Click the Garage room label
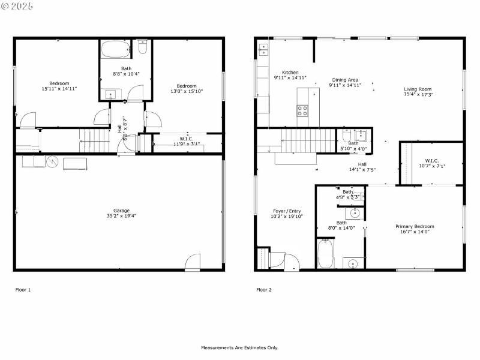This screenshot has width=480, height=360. [122, 211]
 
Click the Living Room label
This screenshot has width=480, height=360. [418, 89]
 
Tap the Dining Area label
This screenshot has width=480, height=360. [345, 79]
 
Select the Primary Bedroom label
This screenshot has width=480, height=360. [415, 226]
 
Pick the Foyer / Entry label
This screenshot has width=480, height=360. [287, 211]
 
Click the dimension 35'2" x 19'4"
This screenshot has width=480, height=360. [122, 216]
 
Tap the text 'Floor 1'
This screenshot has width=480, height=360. [23, 290]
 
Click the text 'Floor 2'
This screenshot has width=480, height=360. [264, 290]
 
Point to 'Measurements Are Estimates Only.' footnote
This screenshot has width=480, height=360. [239, 347]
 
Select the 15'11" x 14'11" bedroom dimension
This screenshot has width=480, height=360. [59, 89]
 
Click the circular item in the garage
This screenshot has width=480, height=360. [52, 162]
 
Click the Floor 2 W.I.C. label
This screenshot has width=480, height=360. [432, 160]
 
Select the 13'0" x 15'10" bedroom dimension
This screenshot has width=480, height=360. [187, 91]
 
